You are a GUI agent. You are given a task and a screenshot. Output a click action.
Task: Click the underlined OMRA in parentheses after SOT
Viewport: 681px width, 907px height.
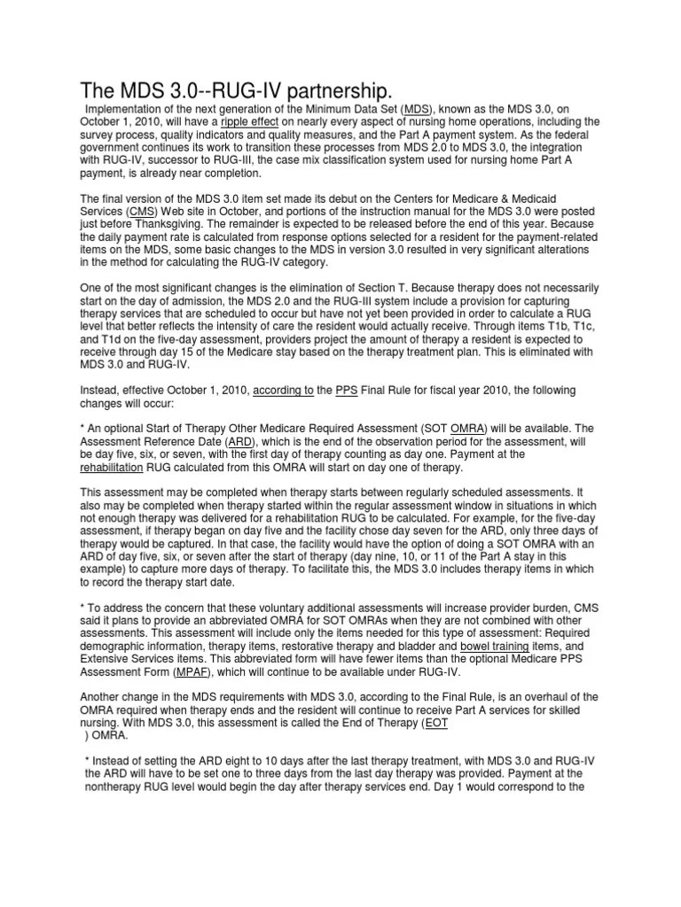point(467,429)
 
